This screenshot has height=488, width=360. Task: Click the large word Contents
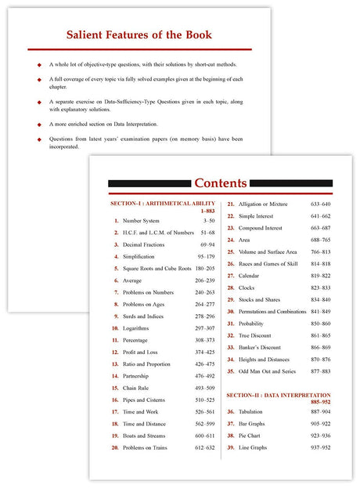(x=220, y=183)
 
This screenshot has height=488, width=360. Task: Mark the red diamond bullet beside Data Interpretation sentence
(x=38, y=124)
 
